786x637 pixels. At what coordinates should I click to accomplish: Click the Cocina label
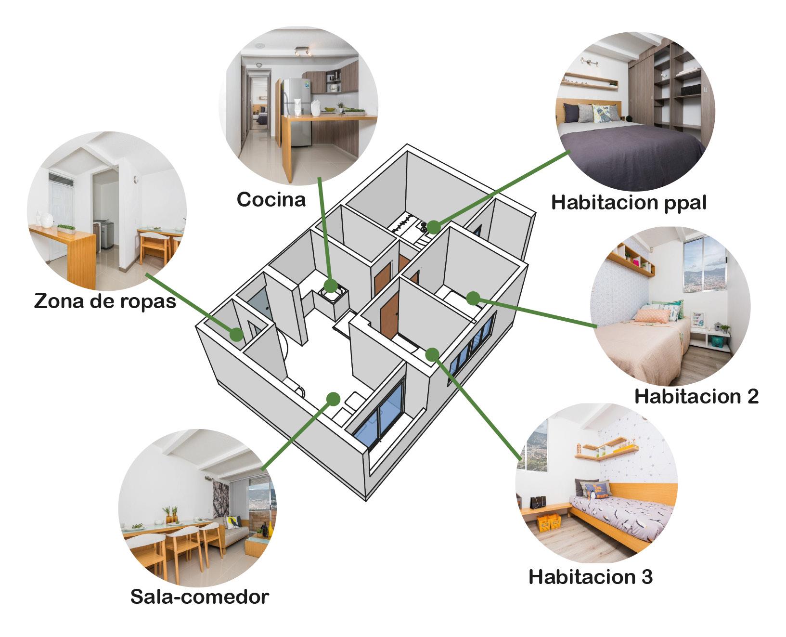click(271, 199)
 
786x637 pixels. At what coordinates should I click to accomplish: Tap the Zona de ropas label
click(105, 301)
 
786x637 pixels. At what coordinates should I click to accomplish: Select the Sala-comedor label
click(199, 597)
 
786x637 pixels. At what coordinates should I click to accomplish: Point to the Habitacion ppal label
click(629, 202)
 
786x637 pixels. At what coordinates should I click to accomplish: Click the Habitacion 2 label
click(696, 396)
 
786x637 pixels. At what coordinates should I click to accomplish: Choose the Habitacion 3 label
click(591, 576)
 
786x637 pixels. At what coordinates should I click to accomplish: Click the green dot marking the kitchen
click(330, 286)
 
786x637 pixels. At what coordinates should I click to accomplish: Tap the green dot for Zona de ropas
click(236, 334)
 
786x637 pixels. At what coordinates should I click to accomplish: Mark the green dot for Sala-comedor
click(333, 399)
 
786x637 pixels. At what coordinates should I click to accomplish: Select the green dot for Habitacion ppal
click(434, 227)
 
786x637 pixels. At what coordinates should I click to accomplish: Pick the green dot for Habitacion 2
click(473, 299)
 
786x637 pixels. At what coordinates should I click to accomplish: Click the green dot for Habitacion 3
click(432, 354)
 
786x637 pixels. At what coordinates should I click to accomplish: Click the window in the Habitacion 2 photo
click(704, 265)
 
